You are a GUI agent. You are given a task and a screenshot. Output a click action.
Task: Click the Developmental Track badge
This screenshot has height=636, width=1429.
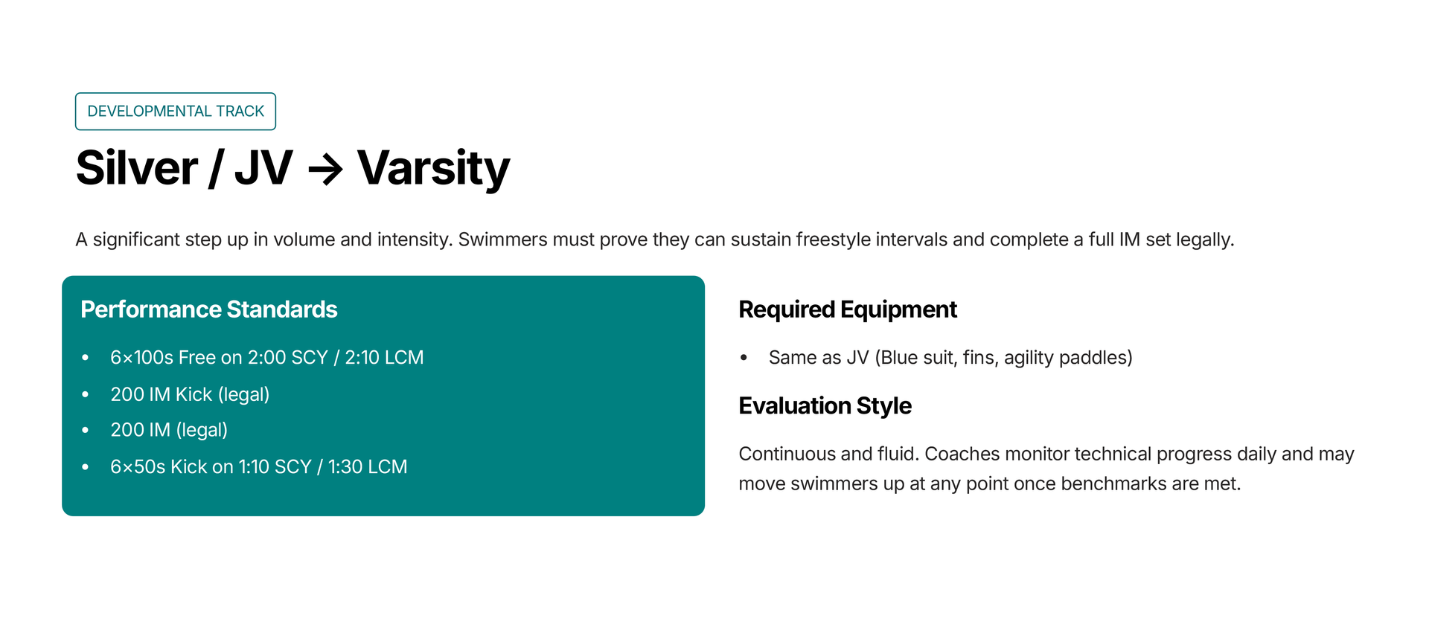[x=176, y=112]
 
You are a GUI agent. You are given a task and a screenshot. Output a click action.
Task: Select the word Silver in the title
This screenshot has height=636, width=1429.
[x=137, y=168]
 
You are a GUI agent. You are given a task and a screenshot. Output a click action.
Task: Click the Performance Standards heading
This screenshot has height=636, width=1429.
[x=209, y=309]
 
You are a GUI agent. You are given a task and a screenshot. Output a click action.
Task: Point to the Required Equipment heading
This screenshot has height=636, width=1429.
[x=848, y=309]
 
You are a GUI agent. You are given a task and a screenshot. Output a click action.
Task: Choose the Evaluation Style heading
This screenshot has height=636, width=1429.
[x=825, y=406]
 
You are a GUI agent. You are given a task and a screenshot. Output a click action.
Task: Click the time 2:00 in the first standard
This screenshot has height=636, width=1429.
[x=266, y=358]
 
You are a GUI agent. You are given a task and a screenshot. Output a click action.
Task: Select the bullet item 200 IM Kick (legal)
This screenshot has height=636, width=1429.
[x=190, y=394]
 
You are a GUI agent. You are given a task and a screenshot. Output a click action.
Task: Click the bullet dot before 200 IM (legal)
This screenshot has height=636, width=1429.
[x=86, y=430]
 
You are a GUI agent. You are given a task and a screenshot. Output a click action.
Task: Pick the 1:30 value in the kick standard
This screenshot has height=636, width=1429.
[x=345, y=467]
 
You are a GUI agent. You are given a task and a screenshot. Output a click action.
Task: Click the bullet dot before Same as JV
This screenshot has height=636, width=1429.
[x=744, y=358]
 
